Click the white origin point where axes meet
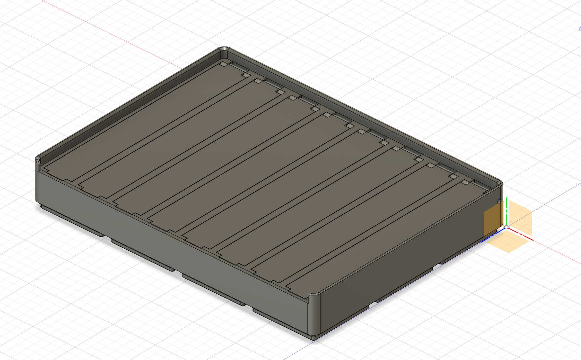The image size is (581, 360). (x=506, y=227)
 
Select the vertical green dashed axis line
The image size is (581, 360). (x=506, y=212)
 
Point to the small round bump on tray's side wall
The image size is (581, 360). (x=499, y=202)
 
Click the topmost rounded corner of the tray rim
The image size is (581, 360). (x=224, y=50)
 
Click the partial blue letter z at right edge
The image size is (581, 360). (x=579, y=29)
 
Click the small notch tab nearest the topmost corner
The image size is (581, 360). (x=224, y=64)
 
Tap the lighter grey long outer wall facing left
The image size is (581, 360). (x=168, y=242)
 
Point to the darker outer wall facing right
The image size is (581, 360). (x=404, y=269)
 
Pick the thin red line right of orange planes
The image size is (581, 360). (x=555, y=252)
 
